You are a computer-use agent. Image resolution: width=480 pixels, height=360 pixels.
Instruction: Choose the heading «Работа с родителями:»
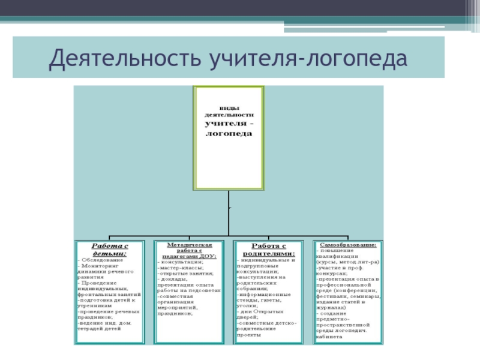[268, 250]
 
